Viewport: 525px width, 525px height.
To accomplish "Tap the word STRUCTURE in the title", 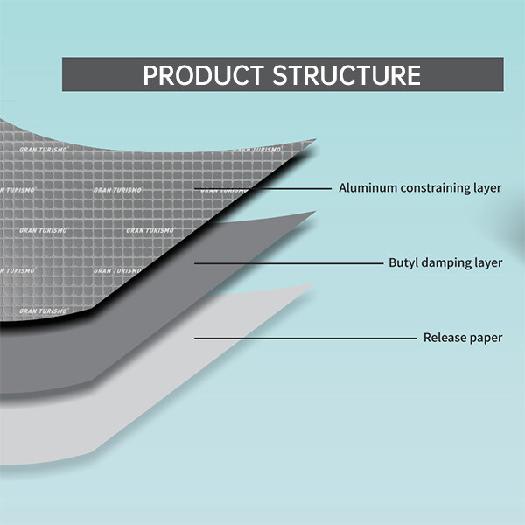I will pos(347,75).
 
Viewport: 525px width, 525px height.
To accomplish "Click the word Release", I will pos(444,338).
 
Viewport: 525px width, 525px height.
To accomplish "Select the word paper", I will pos(486,338).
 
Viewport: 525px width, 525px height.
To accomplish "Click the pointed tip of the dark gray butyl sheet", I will pos(314,211).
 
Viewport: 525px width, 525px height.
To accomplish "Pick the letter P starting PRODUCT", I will pos(150,75).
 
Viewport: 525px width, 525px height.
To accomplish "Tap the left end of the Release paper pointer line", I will pos(195,338).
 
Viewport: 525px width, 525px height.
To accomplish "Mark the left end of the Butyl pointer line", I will pos(195,262).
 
